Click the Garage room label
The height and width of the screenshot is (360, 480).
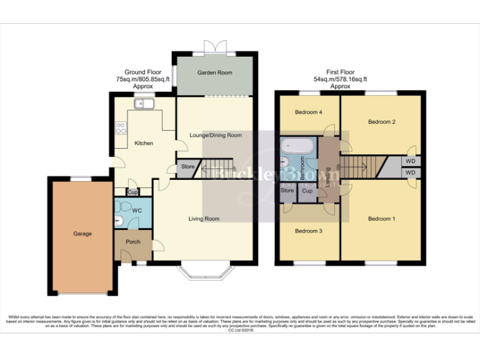pyautogui.click(x=82, y=234)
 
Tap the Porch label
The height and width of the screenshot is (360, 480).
pyautogui.click(x=133, y=242)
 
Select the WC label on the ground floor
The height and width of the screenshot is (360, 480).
pyautogui.click(x=137, y=210)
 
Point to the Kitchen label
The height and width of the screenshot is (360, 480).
pyautogui.click(x=144, y=143)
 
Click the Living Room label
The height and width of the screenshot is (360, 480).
pyautogui.click(x=204, y=219)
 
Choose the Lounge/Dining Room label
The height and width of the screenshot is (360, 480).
pyautogui.click(x=216, y=135)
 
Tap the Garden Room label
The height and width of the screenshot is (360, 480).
pyautogui.click(x=215, y=72)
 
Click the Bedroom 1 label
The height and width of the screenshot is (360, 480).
pyautogui.click(x=381, y=219)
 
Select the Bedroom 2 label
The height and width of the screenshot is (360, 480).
pyautogui.click(x=381, y=121)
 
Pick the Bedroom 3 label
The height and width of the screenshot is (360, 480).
pyautogui.click(x=309, y=231)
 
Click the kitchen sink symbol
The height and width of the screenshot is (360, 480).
pyautogui.click(x=141, y=104)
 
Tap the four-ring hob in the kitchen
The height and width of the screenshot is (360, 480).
pyautogui.click(x=121, y=128)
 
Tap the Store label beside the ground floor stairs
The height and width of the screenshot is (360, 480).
pyautogui.click(x=188, y=167)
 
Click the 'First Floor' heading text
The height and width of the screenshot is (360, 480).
pyautogui.click(x=340, y=72)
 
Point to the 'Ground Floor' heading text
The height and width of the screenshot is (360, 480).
pyautogui.click(x=143, y=72)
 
